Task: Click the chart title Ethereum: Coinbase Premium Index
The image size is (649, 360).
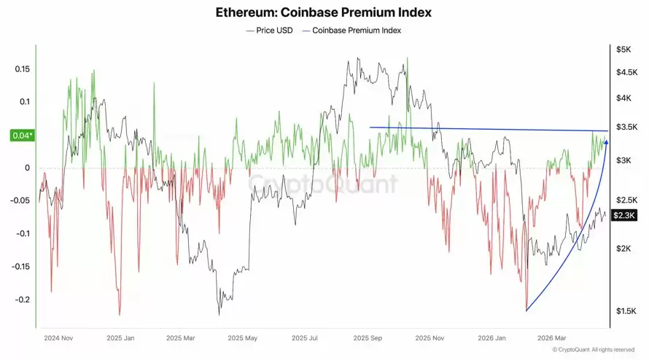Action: click(324, 12)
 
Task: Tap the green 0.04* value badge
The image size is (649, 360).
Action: click(20, 136)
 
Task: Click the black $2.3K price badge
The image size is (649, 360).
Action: click(625, 215)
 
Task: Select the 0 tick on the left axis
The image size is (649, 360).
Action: click(26, 168)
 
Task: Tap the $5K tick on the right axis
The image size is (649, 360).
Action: click(623, 50)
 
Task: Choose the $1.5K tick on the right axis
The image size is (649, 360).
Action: click(626, 311)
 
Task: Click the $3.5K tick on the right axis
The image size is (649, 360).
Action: click(626, 127)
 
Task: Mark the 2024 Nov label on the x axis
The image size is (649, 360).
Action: click(58, 338)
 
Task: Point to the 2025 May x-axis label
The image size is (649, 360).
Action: click(242, 338)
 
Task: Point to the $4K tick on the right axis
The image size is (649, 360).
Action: click(624, 98)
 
